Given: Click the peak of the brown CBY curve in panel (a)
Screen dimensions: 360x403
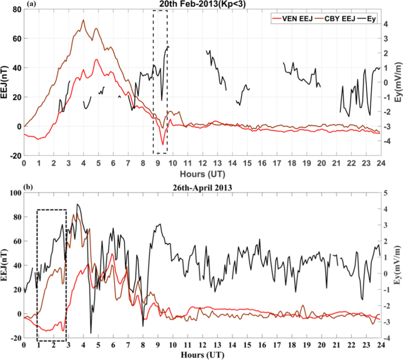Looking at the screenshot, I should [x=83, y=20].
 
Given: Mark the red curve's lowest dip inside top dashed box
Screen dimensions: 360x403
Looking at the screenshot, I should [x=163, y=144].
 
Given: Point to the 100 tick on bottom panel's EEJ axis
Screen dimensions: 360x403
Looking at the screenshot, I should [x=13, y=193].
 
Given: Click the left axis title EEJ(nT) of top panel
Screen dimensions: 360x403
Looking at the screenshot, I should [x=5, y=82].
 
